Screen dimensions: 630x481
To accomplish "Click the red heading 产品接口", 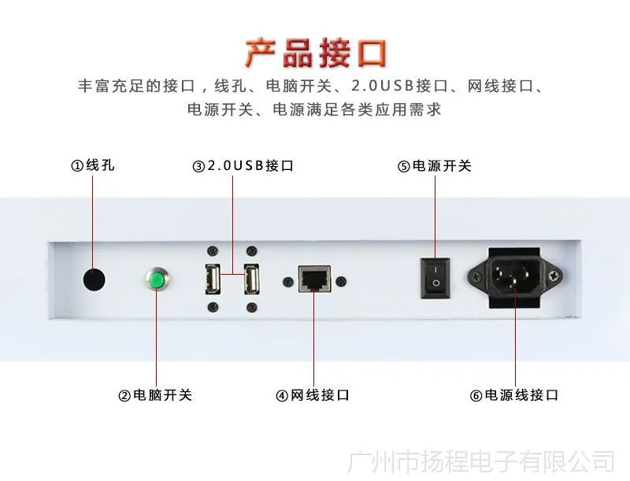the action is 316,53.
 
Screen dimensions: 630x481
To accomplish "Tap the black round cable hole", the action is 94,279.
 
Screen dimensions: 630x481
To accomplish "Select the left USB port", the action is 213,279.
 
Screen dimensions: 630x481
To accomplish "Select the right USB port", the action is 251,279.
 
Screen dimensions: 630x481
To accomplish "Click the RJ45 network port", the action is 314,279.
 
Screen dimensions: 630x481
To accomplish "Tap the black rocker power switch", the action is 435,278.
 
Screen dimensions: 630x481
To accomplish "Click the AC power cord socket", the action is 515,277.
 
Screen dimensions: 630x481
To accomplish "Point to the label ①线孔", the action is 93,165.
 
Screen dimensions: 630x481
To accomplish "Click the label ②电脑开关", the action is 155,395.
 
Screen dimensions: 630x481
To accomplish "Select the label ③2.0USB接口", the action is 243,165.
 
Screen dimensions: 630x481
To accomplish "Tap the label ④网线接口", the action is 313,395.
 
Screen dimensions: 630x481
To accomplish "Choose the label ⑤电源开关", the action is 435,165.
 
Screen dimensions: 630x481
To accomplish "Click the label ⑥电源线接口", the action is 514,395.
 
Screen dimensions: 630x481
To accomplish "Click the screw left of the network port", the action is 288,282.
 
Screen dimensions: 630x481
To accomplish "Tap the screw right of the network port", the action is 341,282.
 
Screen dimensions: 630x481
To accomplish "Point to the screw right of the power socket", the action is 554,276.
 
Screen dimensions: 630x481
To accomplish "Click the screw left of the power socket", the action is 477,276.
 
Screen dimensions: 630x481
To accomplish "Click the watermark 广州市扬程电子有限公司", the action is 481,462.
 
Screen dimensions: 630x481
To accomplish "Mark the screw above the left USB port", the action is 213,252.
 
